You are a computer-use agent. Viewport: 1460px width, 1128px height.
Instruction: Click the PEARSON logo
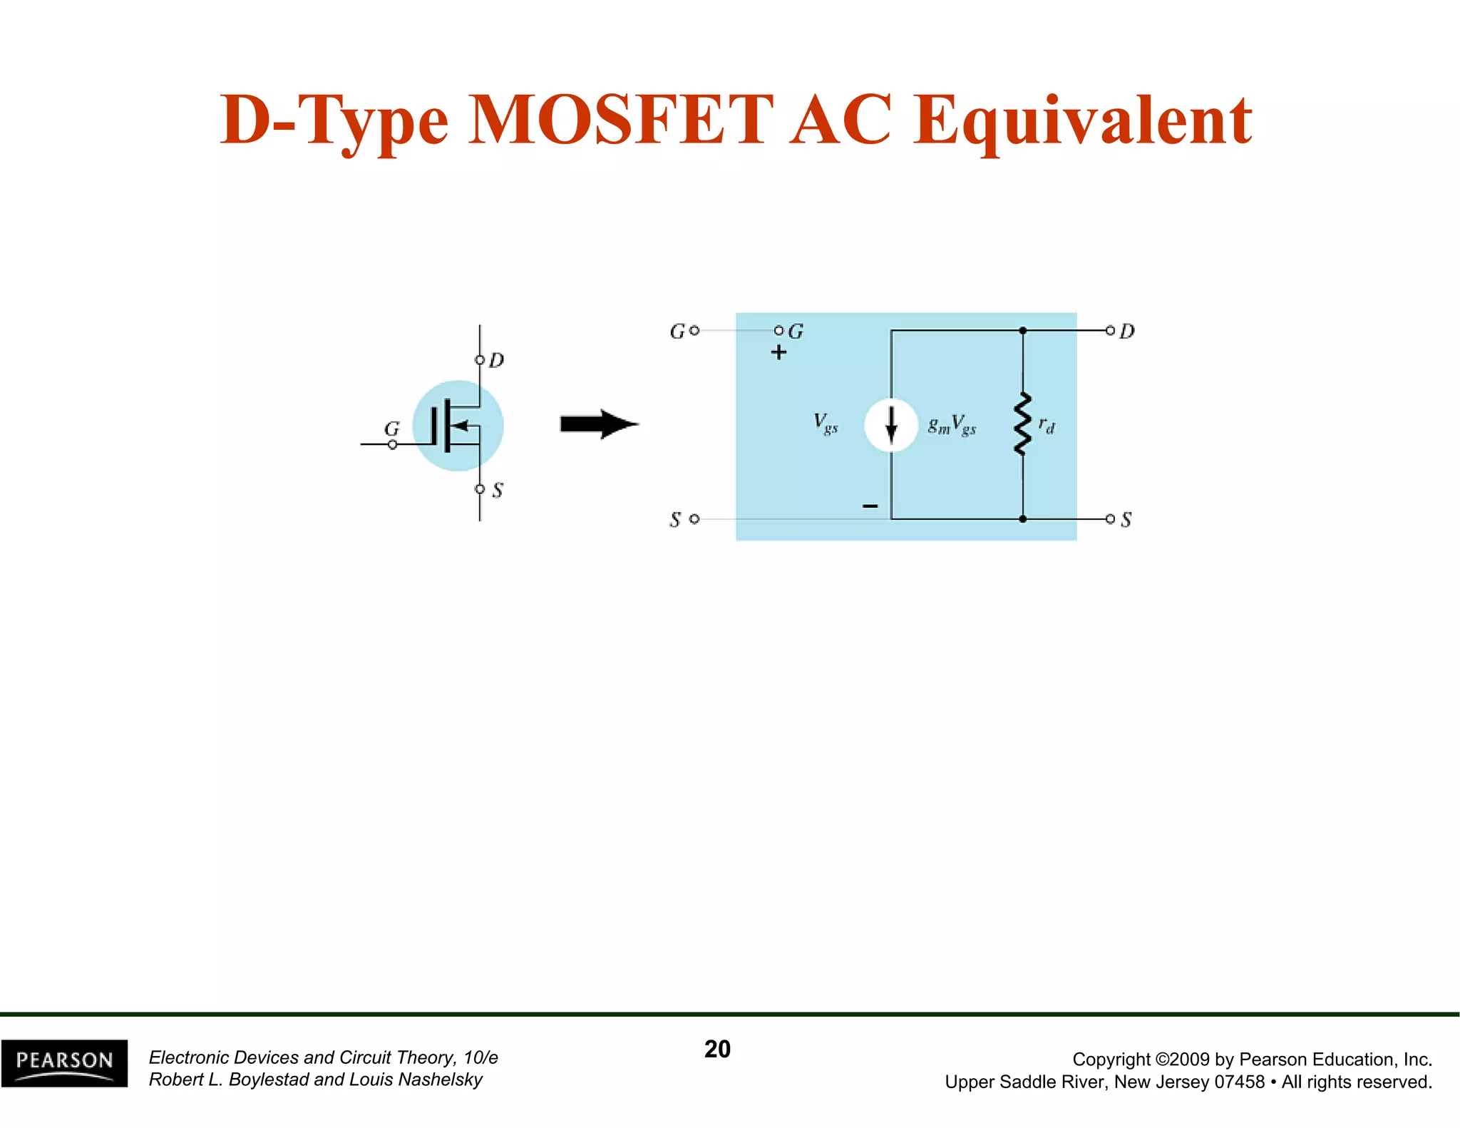(x=64, y=1062)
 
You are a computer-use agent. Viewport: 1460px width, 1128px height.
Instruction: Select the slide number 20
(x=717, y=1049)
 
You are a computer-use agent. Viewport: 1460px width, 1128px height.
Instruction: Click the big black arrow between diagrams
(x=599, y=424)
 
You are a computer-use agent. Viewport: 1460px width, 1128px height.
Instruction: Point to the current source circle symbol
(x=891, y=426)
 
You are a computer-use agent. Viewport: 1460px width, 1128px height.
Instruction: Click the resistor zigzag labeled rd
(x=1022, y=424)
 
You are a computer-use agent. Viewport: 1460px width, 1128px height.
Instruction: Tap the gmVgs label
(x=952, y=426)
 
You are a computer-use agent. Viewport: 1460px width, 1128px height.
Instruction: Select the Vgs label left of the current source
(x=826, y=424)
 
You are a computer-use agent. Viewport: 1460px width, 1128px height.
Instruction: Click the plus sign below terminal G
(x=778, y=352)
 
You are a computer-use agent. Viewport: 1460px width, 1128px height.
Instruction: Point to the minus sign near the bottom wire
(x=870, y=506)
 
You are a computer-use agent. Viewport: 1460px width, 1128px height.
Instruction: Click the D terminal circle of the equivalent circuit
(x=1110, y=330)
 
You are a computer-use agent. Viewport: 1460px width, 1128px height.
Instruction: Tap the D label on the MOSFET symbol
(x=497, y=360)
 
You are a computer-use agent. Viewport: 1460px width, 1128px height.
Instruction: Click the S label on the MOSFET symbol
(x=498, y=491)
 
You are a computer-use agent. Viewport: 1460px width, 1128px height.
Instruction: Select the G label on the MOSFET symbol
(x=392, y=429)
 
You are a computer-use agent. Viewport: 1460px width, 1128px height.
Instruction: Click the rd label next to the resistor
(x=1047, y=426)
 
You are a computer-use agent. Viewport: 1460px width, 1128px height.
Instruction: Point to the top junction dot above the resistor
(x=1022, y=330)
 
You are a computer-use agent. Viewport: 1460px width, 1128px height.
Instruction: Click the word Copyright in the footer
(x=1111, y=1060)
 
